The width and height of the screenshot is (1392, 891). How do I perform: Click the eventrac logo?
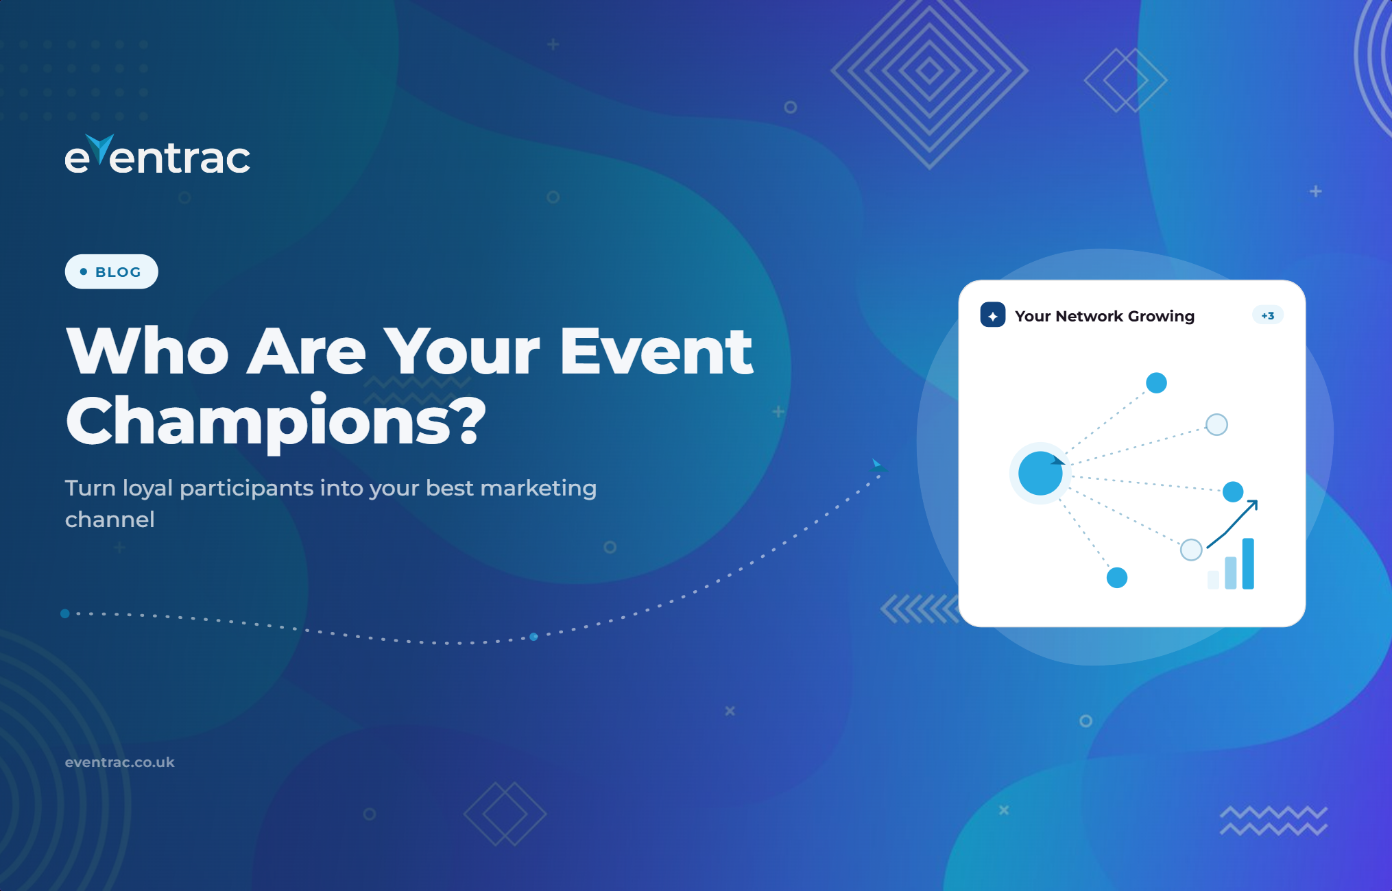coord(158,155)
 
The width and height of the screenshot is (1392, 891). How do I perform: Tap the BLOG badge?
coord(112,271)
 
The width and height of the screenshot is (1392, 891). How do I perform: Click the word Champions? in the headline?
coord(276,421)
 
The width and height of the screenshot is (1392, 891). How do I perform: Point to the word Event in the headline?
coord(657,351)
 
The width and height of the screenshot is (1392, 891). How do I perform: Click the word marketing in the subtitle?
coord(538,488)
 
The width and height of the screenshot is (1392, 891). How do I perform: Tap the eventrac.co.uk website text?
coord(120,762)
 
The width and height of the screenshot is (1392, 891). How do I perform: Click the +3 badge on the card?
coord(1268,315)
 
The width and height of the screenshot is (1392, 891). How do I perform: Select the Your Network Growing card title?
coord(1105,316)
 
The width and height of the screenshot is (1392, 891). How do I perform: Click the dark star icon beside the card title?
coord(993,315)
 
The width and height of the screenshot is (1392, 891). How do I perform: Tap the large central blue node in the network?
coord(1040,473)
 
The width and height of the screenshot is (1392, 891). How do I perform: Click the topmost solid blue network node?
coord(1156,382)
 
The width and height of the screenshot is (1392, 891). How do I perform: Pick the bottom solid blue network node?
coord(1117,578)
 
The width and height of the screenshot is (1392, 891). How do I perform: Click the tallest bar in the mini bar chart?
coord(1248,563)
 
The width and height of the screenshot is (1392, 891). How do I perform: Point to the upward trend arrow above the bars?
coord(1232,524)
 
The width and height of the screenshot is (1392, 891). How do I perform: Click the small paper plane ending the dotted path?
coord(879,466)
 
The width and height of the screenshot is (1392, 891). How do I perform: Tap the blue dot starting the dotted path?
coord(65,613)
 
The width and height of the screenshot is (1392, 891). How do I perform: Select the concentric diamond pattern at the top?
coord(929,70)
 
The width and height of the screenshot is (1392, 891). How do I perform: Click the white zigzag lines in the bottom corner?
coord(1274,821)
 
